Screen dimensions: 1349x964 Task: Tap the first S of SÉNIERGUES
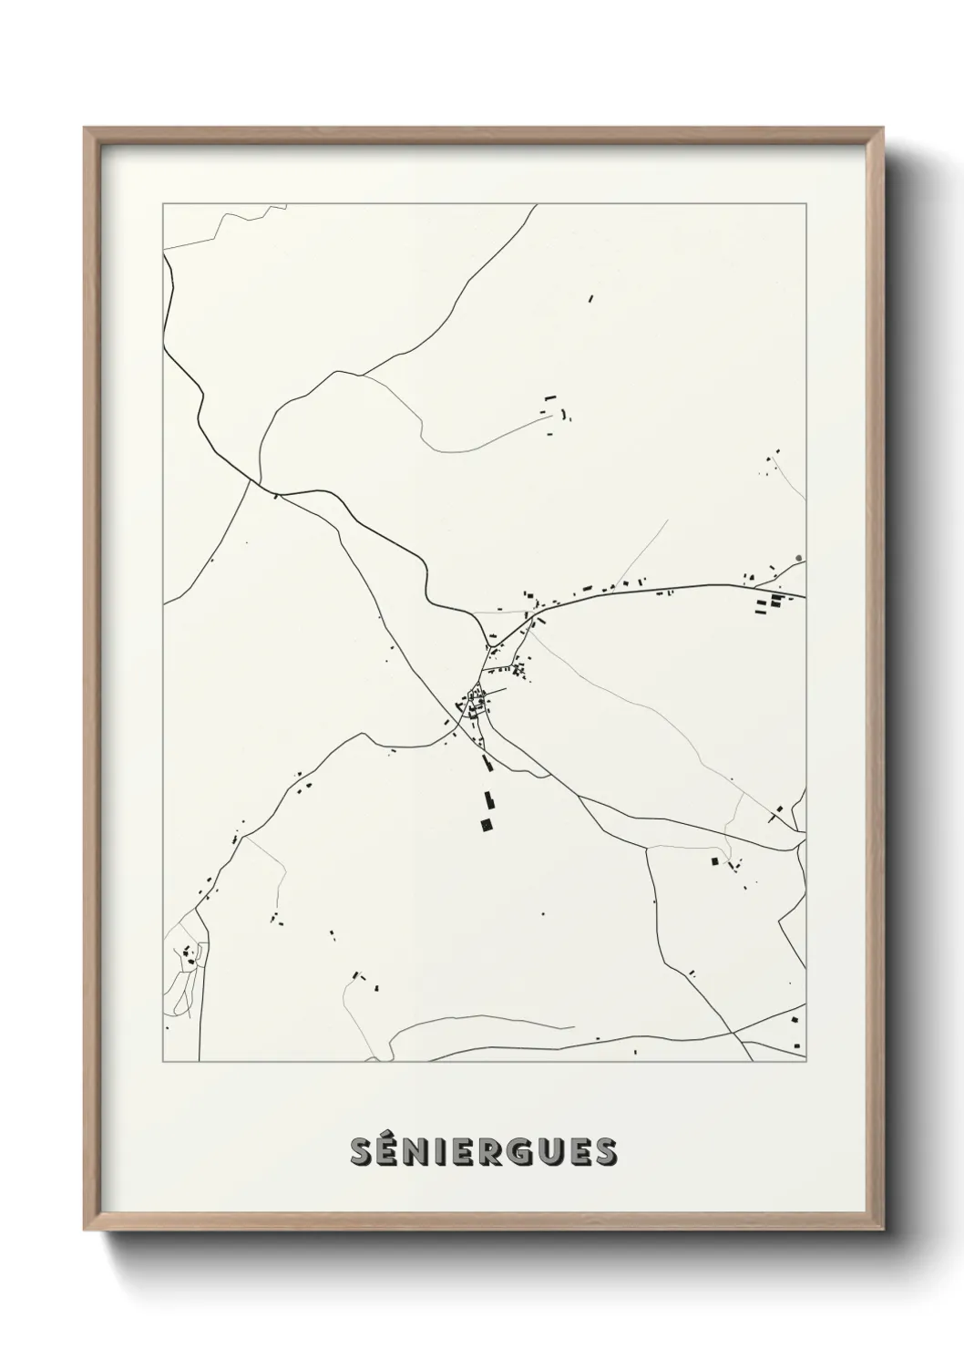coord(362,1153)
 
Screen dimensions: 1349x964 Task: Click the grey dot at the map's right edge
coord(799,558)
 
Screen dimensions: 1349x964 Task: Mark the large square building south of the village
coord(487,825)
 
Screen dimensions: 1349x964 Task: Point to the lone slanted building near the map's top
coord(590,297)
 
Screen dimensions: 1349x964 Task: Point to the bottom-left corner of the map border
coord(163,1062)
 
